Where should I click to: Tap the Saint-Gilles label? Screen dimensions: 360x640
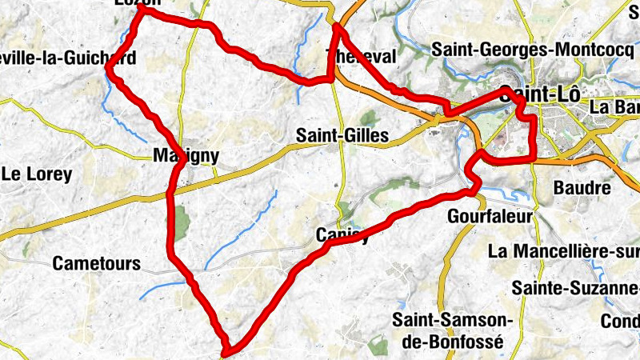point(342,136)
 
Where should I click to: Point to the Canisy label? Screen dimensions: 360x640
point(343,234)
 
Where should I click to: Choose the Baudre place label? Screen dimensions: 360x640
point(582,189)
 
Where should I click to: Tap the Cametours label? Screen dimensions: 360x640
point(96,263)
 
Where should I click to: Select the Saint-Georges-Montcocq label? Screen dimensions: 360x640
point(532,49)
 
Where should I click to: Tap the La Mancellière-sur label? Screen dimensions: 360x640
point(563,251)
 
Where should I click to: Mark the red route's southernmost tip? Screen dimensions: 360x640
point(227,350)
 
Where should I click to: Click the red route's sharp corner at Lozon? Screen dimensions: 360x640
point(142,10)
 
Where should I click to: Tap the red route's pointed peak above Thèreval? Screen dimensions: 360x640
point(336,26)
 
